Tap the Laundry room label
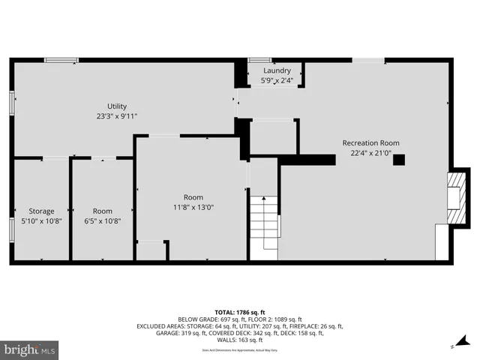coord(277,70)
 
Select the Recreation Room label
coord(370,142)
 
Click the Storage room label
coord(41,211)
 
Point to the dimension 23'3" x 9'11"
coord(116,116)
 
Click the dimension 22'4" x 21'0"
coord(370,153)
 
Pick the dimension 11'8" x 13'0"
coord(193,208)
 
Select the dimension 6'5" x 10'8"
coord(103,221)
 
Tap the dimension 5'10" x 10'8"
coord(41,221)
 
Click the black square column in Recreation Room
coord(399,159)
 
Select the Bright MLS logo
coord(29,349)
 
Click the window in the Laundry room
coord(260,60)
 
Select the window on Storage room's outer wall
coord(11,228)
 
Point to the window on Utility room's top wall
coord(61,60)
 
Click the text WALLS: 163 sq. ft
coord(240,340)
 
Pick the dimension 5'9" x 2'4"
coord(277,80)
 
